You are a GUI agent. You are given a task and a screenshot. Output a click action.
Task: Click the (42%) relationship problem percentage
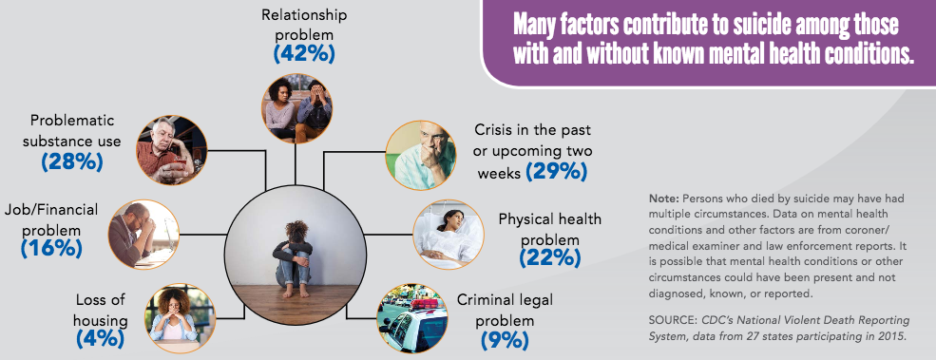pyautogui.click(x=305, y=53)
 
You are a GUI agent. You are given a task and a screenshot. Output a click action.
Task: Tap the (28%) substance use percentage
pyautogui.click(x=72, y=161)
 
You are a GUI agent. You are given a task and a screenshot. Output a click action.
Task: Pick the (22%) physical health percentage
pyautogui.click(x=548, y=256)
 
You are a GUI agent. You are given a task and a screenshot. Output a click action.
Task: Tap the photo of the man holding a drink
pyautogui.click(x=171, y=150)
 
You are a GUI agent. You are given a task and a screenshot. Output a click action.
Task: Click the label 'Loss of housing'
pyautogui.click(x=98, y=307)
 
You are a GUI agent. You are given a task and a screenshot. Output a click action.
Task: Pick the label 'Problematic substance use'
pyautogui.click(x=72, y=131)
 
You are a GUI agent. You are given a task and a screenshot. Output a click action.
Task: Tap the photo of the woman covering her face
pyautogui.click(x=171, y=316)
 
